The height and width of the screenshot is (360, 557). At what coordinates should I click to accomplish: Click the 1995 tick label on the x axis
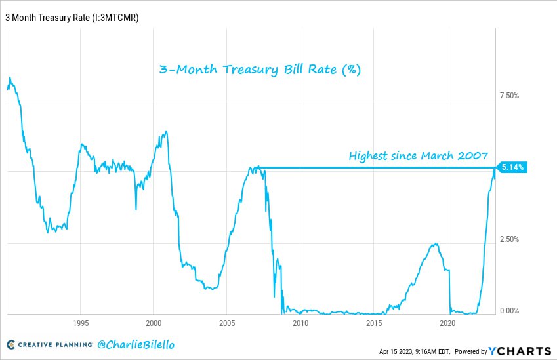pos(81,323)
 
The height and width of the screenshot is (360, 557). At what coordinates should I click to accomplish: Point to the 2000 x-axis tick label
pos(154,323)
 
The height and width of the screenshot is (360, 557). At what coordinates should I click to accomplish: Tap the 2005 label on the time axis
pos(226,323)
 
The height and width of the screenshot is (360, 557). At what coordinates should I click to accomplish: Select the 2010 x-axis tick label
pos(300,323)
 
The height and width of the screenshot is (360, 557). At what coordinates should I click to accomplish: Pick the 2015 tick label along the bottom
pos(373,323)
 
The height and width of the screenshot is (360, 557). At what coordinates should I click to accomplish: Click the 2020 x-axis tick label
pos(447,323)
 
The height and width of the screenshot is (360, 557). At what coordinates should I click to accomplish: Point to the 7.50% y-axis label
pos(509,96)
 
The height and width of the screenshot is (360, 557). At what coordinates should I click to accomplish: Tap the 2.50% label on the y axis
pos(509,239)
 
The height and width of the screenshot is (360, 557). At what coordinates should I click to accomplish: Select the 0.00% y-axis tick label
pos(509,311)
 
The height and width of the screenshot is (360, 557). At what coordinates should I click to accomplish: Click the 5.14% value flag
pos(512,167)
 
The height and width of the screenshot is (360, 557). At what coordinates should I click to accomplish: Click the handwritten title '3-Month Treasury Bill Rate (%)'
pos(260,70)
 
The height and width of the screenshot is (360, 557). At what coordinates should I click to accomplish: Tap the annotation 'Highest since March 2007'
pos(418,156)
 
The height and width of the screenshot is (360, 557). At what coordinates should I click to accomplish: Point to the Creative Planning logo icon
pos(11,344)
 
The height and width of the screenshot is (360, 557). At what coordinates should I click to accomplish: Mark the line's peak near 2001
pos(166,132)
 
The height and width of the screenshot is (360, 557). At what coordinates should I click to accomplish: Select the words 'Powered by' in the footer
pos(471,351)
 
